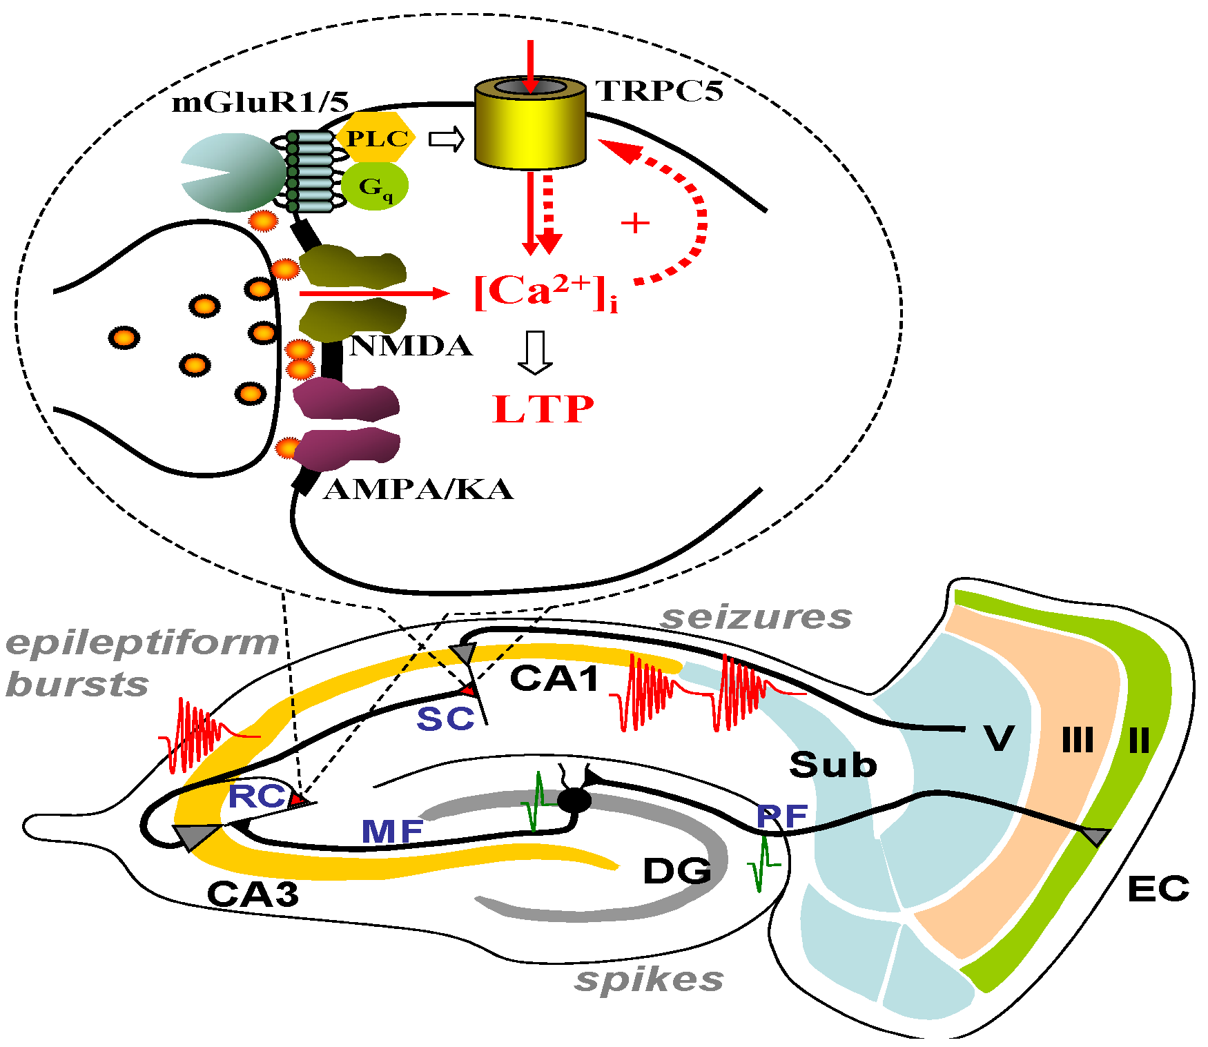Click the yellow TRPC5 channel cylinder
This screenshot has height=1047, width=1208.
click(x=530, y=131)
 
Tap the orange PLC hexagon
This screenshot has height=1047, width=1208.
click(x=376, y=138)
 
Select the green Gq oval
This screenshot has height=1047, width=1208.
click(x=374, y=186)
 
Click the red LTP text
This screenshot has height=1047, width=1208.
click(x=543, y=409)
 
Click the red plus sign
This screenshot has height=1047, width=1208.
click(x=635, y=223)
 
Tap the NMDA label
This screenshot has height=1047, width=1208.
click(x=411, y=346)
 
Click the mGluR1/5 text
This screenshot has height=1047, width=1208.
click(x=260, y=102)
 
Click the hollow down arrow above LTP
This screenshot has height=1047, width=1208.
click(x=535, y=353)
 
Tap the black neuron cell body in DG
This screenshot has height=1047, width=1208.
click(x=574, y=800)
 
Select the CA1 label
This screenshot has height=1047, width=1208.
click(x=555, y=678)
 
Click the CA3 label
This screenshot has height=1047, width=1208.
click(x=253, y=894)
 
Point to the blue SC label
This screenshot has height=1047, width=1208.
click(x=445, y=719)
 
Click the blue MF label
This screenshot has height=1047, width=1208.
click(x=392, y=831)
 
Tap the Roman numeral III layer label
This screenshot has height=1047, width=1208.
click(x=1078, y=741)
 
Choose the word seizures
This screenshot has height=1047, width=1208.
click(x=757, y=617)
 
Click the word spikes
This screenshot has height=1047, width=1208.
click(x=649, y=979)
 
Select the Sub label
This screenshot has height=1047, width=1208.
click(x=833, y=765)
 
